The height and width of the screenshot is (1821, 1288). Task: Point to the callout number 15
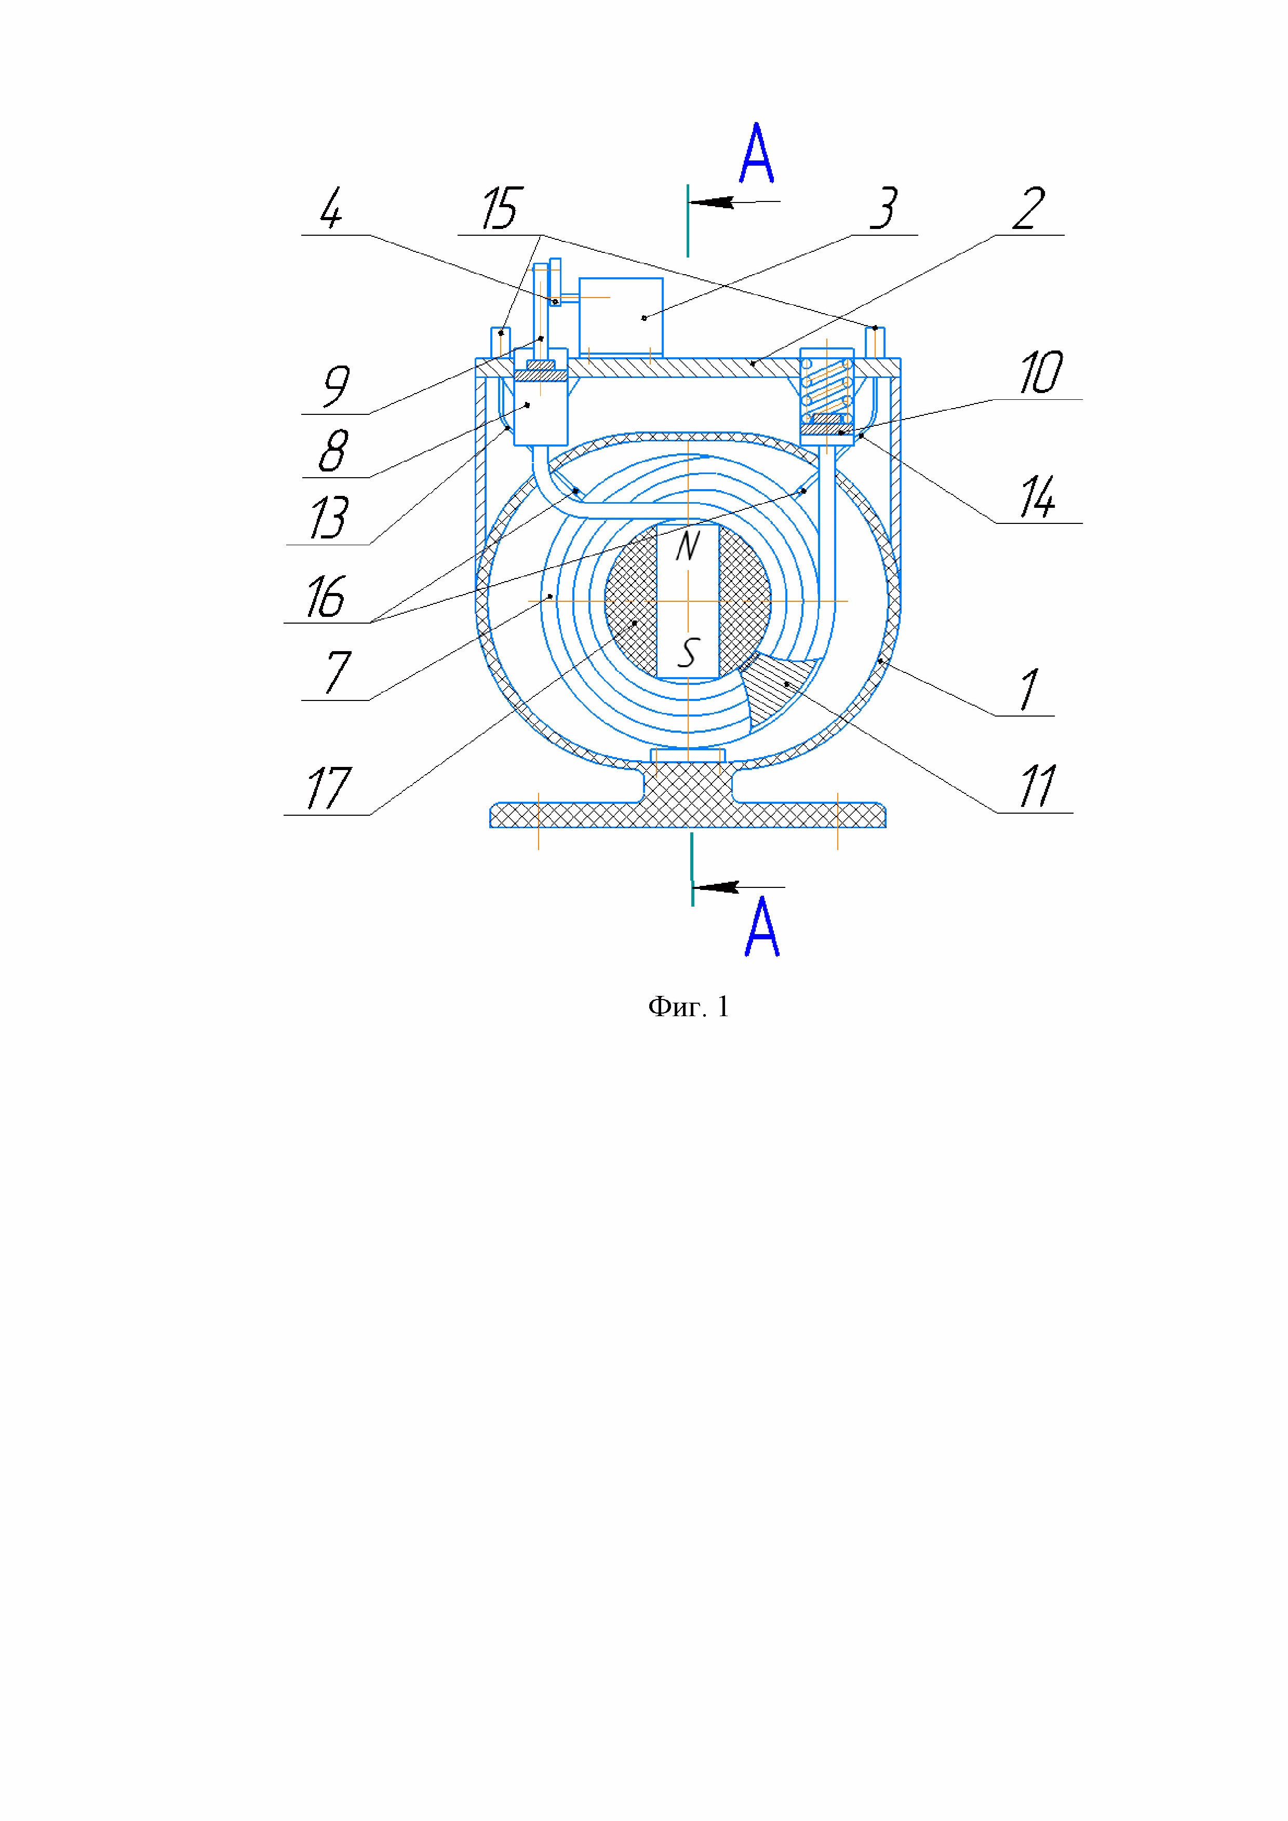501,209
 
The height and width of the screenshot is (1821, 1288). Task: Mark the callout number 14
1037,498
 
